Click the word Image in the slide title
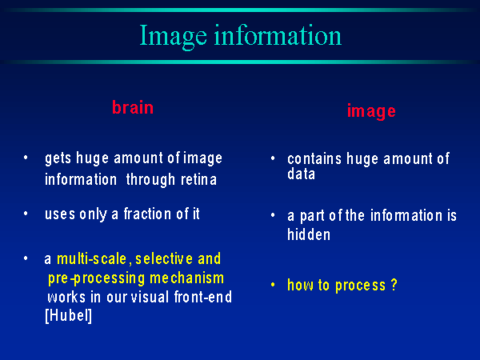point(174,37)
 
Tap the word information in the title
point(278,34)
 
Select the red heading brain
point(133,107)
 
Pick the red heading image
point(371,111)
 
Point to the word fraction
point(148,214)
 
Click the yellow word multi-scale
point(91,258)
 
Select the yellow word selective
point(164,258)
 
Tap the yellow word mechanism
point(186,278)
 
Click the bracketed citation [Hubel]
point(68,315)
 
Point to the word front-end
point(203,297)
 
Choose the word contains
point(314,159)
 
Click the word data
point(302,174)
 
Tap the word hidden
point(309,234)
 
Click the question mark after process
point(394,285)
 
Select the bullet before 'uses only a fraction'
point(26,214)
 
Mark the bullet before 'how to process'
point(273,285)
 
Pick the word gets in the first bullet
point(58,158)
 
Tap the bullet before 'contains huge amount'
point(273,158)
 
